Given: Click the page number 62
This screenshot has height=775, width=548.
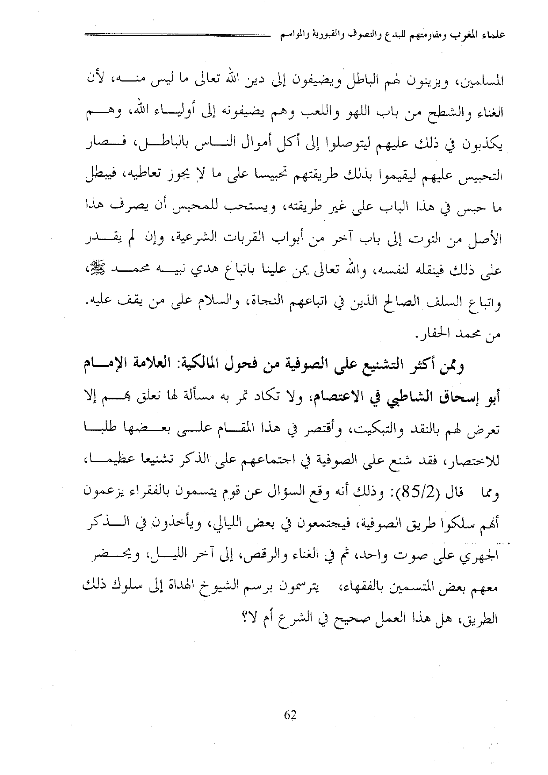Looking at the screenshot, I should [290, 715].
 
